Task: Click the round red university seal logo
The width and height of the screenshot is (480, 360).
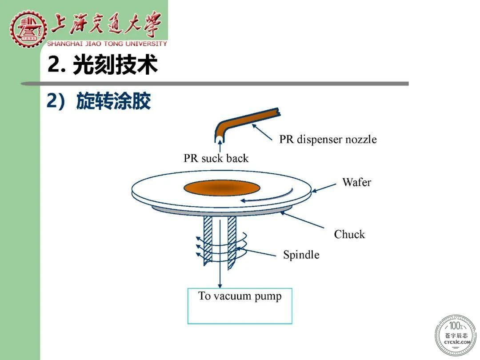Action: pyautogui.click(x=28, y=29)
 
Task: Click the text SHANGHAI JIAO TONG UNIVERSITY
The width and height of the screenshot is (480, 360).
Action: pyautogui.click(x=107, y=44)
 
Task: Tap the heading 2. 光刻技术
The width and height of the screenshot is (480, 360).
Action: pyautogui.click(x=103, y=64)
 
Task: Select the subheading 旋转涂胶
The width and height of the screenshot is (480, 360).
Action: pyautogui.click(x=114, y=101)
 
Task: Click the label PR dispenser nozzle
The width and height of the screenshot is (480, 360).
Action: pyautogui.click(x=328, y=139)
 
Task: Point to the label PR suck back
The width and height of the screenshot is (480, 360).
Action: pyautogui.click(x=216, y=158)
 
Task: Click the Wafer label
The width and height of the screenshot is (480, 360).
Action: pyautogui.click(x=356, y=182)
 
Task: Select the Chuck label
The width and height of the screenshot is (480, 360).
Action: pyautogui.click(x=350, y=234)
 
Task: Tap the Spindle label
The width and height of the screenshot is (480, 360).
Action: pyautogui.click(x=301, y=255)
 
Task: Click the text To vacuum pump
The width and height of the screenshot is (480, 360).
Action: pyautogui.click(x=240, y=296)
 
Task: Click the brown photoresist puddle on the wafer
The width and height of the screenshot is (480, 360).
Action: pyautogui.click(x=222, y=188)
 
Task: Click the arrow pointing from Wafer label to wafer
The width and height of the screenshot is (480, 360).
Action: pyautogui.click(x=324, y=188)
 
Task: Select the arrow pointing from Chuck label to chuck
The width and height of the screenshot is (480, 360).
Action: pyautogui.click(x=302, y=220)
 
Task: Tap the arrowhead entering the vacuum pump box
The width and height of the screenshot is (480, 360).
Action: pyautogui.click(x=220, y=285)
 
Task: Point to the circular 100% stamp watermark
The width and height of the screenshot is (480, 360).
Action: pyautogui.click(x=456, y=335)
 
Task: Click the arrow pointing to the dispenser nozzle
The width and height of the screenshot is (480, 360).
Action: pyautogui.click(x=262, y=132)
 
